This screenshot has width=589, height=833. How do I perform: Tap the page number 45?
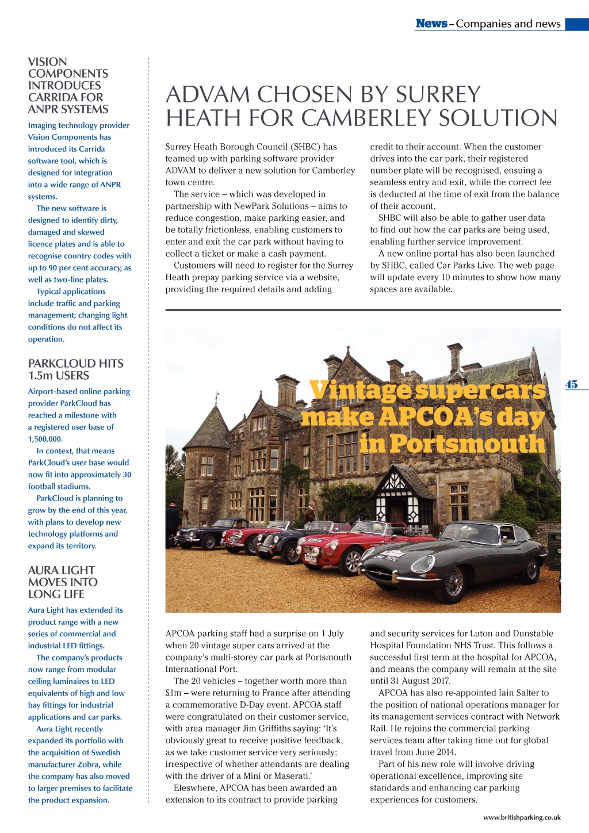click(571, 384)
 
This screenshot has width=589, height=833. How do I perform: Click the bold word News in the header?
click(431, 24)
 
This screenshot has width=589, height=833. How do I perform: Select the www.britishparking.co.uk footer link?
click(522, 817)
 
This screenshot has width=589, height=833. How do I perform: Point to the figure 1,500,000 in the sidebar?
click(45, 439)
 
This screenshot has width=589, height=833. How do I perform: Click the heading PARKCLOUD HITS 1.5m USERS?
click(75, 369)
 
